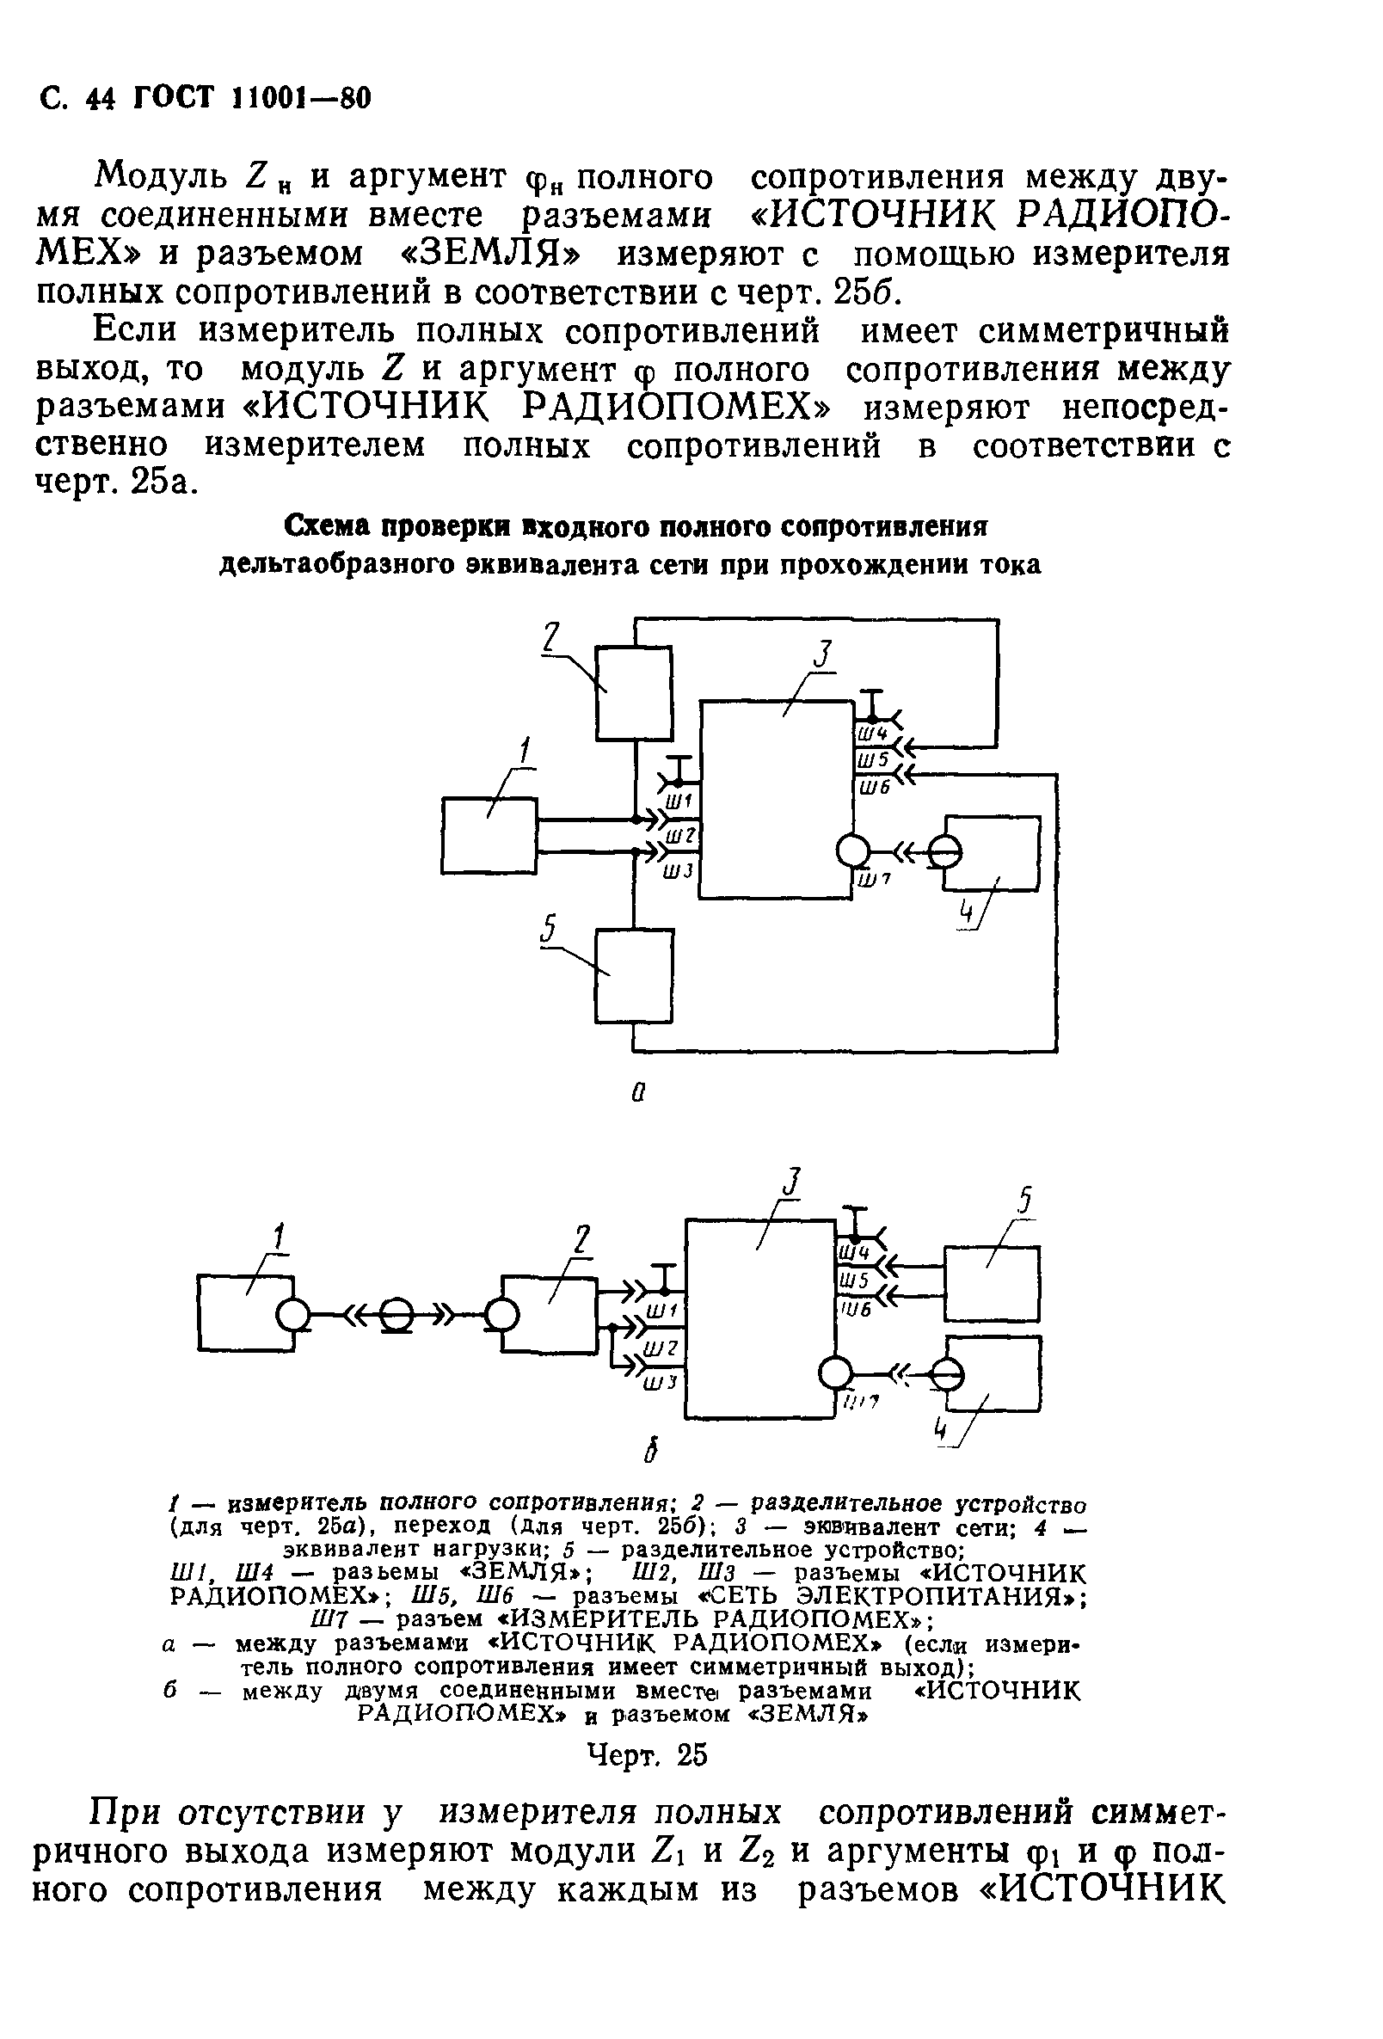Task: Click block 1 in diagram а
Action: pos(489,834)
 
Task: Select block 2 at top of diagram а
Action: pos(633,693)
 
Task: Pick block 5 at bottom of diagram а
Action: pos(634,975)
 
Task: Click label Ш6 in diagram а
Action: pos(874,788)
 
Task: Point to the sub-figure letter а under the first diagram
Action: pos(638,1093)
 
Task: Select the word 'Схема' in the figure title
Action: pos(329,526)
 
